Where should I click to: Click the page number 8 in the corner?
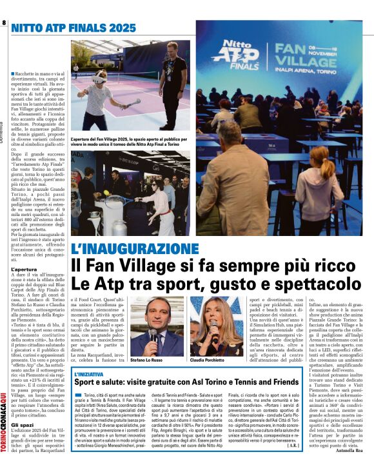point(5,23)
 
